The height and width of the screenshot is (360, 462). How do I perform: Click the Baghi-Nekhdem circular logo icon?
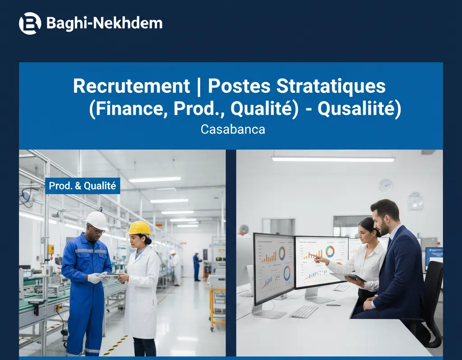pos(30,23)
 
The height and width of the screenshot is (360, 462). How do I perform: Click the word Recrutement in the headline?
pos(131,86)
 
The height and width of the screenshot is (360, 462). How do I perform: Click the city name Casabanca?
pos(233,129)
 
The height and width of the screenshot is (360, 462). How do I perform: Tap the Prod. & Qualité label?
pos(83,185)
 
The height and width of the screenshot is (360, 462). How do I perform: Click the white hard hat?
pos(97,220)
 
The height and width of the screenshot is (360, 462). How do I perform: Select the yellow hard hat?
pos(139,228)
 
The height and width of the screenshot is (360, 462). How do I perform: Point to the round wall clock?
pos(386,185)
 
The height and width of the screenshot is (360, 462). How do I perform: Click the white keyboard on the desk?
pos(304,311)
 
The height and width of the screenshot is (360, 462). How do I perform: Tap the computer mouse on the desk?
pos(333,305)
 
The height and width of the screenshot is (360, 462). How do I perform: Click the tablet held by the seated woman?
pos(348,277)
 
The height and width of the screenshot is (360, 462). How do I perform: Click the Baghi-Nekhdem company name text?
pos(104,23)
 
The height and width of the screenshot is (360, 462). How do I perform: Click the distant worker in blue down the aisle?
pos(197,266)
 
